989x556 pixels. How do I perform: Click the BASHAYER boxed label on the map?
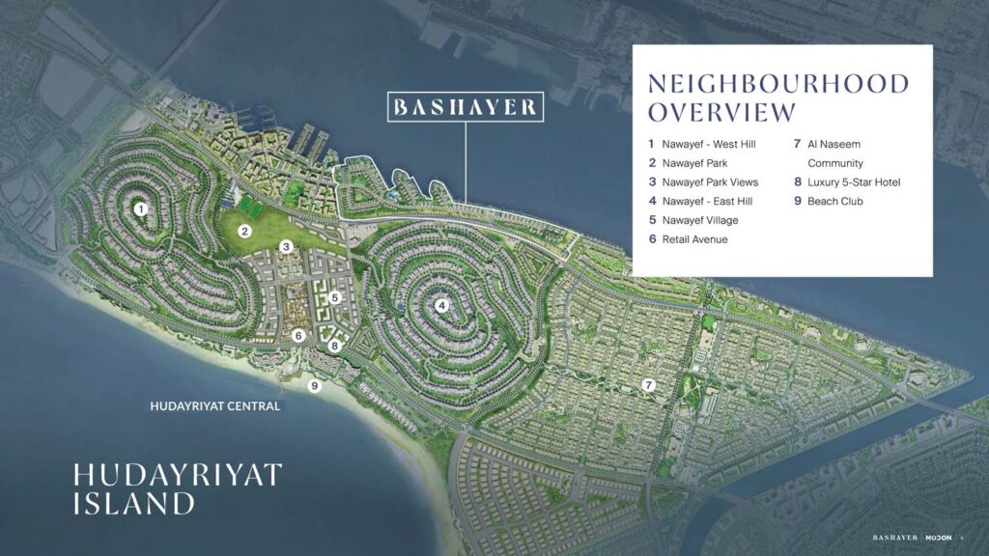tap(465, 106)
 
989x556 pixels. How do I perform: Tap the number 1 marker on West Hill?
tap(141, 208)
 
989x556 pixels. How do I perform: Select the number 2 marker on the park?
tap(245, 231)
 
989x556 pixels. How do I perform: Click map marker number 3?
tap(286, 247)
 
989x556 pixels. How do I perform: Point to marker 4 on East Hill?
tap(441, 306)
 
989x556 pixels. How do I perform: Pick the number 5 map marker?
tap(334, 298)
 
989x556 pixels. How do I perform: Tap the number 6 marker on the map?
tap(298, 336)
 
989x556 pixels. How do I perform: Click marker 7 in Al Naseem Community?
tap(649, 385)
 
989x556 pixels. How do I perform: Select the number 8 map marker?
tap(335, 346)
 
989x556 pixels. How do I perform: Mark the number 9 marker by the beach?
tap(314, 386)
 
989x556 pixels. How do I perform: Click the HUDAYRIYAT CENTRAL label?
tap(215, 406)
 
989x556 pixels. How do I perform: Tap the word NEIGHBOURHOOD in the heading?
tap(778, 83)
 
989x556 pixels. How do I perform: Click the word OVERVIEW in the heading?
tap(722, 112)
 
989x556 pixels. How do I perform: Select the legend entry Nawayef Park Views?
tap(710, 182)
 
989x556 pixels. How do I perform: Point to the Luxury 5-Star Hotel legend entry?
tap(854, 182)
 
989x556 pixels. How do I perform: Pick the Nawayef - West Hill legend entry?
tap(709, 145)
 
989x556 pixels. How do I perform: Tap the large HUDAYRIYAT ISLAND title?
tap(177, 488)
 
